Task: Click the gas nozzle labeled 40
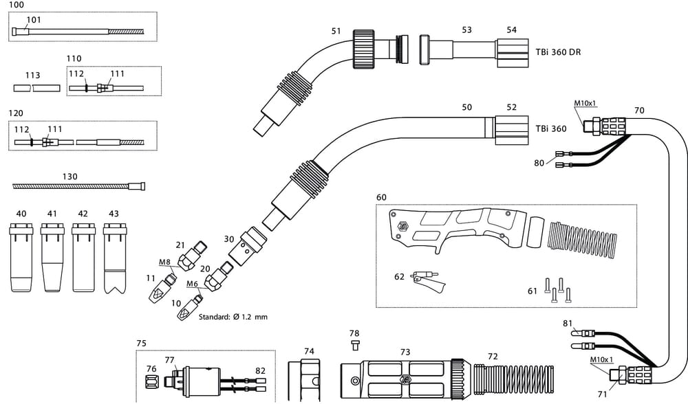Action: (x=21, y=258)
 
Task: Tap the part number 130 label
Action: (x=69, y=177)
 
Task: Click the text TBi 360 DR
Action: (x=558, y=52)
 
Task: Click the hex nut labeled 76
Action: (x=152, y=380)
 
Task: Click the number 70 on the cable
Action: (x=639, y=110)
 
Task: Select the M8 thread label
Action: (x=165, y=262)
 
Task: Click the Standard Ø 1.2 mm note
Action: (x=233, y=317)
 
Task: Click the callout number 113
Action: (x=32, y=76)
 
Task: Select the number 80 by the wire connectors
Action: (x=540, y=163)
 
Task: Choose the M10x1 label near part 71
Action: (x=601, y=359)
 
